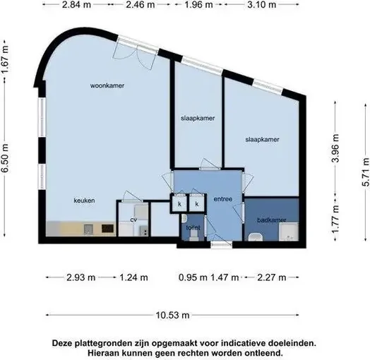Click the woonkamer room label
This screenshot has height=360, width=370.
click(x=107, y=85)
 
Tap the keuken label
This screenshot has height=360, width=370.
click(x=84, y=200)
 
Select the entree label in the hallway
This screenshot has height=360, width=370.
click(x=222, y=199)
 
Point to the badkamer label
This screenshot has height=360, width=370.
click(x=272, y=220)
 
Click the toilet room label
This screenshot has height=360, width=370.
click(x=193, y=228)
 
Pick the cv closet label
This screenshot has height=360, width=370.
click(x=133, y=220)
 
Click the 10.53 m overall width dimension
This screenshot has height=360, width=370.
click(x=172, y=315)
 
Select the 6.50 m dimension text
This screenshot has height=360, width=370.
click(x=5, y=158)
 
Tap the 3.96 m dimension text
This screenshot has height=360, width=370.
click(x=335, y=148)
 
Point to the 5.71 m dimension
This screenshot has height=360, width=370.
click(x=366, y=172)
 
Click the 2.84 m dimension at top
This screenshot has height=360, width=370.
click(x=76, y=4)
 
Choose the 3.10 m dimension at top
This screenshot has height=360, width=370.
click(x=262, y=4)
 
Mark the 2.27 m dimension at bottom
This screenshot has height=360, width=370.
click(x=272, y=277)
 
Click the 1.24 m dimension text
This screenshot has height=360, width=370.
click(x=133, y=277)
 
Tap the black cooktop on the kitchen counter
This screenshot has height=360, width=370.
click(x=107, y=229)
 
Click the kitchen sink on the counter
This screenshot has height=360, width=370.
click(x=88, y=229)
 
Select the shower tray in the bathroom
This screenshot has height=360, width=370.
click(x=289, y=232)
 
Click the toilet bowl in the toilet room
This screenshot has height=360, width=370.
click(x=193, y=236)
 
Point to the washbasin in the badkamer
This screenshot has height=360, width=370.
click(x=256, y=237)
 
